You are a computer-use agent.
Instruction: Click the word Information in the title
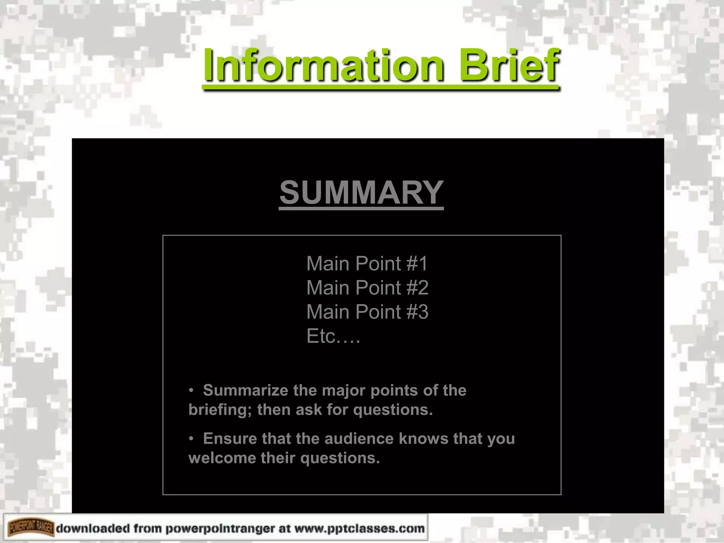pos(323,65)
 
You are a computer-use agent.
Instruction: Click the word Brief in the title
pos(509,65)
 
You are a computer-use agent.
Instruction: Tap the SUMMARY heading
pos(361,193)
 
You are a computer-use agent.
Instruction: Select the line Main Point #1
pos(367,264)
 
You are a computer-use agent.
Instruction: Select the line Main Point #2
pos(367,288)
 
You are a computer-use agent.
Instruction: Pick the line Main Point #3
pos(367,312)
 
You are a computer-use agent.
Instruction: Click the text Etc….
pos(333,336)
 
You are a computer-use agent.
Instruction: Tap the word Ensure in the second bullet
pos(230,439)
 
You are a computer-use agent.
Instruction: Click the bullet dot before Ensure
pos(191,439)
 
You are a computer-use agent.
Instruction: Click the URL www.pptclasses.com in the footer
pos(359,529)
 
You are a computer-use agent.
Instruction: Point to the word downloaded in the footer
pos(93,529)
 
